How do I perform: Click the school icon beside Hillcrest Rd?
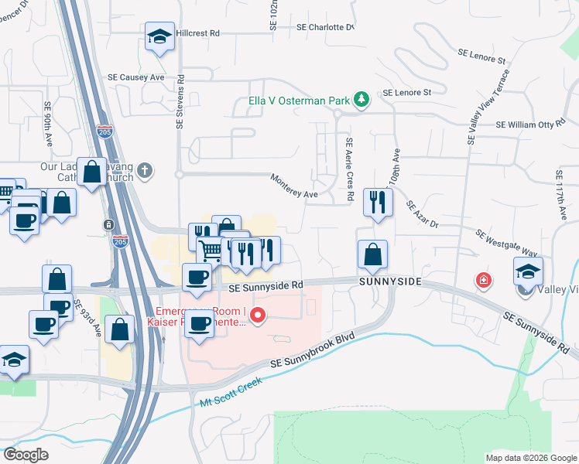click(x=159, y=36)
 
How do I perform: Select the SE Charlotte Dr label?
click(x=325, y=27)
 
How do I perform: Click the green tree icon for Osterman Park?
click(x=360, y=99)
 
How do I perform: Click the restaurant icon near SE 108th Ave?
click(x=378, y=203)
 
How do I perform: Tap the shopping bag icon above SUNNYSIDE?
click(x=372, y=254)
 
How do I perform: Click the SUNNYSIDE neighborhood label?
click(x=389, y=282)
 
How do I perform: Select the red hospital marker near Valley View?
click(x=484, y=279)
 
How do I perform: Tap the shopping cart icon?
click(x=211, y=250)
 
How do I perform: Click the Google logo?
click(x=26, y=455)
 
